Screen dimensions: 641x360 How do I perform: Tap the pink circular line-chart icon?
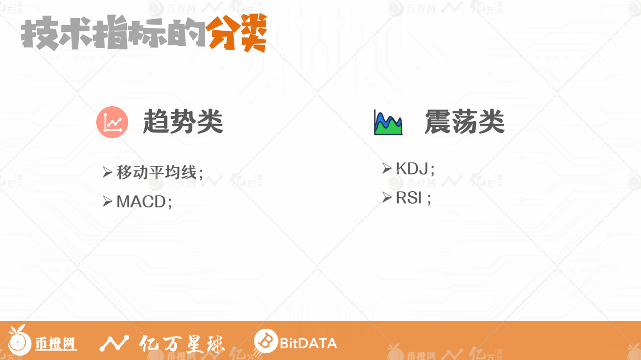pyautogui.click(x=112, y=122)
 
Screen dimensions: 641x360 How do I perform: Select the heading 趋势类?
pyautogui.click(x=183, y=122)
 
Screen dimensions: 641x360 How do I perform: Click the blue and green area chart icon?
pyautogui.click(x=388, y=122)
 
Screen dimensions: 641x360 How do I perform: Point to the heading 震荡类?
pyautogui.click(x=464, y=122)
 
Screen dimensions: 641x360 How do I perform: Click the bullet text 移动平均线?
pyautogui.click(x=157, y=172)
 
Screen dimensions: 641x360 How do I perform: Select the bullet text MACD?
pyautogui.click(x=141, y=201)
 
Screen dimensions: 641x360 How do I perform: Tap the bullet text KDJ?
pyautogui.click(x=412, y=168)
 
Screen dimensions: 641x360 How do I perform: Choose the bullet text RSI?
pyautogui.click(x=409, y=198)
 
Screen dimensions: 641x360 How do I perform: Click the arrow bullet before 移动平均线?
pyautogui.click(x=107, y=172)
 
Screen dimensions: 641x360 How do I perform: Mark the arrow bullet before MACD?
pyautogui.click(x=107, y=201)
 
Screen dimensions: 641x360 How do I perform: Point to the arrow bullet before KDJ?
pyautogui.click(x=387, y=168)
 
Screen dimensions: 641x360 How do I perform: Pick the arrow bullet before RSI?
pyautogui.click(x=387, y=197)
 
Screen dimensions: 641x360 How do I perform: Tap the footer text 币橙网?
pyautogui.click(x=55, y=344)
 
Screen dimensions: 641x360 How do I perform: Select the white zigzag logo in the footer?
pyautogui.click(x=114, y=343)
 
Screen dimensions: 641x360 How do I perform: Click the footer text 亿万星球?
pyautogui.click(x=182, y=344)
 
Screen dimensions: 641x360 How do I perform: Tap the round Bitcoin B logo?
pyautogui.click(x=265, y=341)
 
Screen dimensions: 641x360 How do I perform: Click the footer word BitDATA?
pyautogui.click(x=308, y=343)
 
